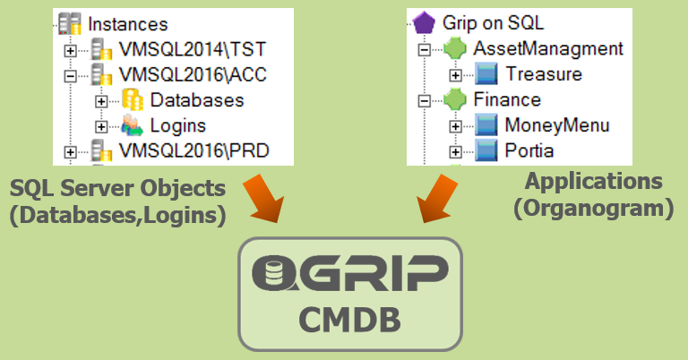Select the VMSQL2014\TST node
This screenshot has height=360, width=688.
193,51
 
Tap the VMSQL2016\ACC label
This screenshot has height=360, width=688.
194,75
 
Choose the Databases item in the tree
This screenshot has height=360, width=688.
196,100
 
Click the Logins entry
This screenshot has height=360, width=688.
177,125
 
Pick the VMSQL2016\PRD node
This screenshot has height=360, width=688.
194,150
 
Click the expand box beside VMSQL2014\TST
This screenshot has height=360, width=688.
70,51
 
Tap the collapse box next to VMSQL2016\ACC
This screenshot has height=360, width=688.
70,76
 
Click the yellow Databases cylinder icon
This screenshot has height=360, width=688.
132,100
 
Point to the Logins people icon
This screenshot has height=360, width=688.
132,125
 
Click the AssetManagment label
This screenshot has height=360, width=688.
547,47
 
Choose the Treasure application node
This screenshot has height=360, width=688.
543,73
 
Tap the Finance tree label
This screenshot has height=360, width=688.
507,99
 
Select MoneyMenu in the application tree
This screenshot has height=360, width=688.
556,124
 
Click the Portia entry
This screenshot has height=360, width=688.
529,150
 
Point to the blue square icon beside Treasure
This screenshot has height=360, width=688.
486,73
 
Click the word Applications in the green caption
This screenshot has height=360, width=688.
593,182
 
